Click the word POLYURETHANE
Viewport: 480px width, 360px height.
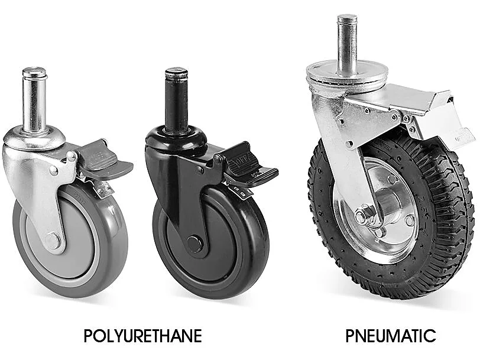142,336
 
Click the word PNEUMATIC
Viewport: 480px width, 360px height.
391,336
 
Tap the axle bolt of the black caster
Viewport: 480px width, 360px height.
194,244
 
